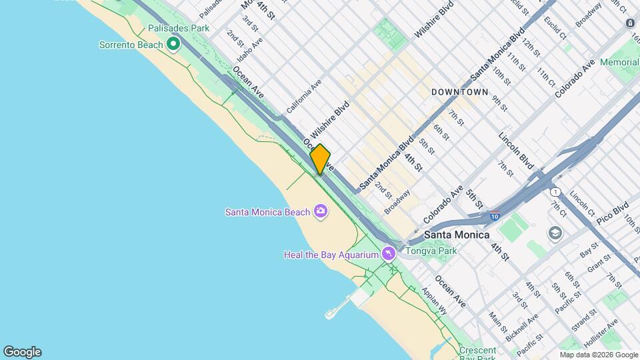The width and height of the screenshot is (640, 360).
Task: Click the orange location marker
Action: (320, 159)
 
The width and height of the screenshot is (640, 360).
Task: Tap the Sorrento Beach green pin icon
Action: (173, 45)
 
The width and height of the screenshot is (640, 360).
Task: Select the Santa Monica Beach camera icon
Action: (321, 212)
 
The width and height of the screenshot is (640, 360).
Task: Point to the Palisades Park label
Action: (179, 28)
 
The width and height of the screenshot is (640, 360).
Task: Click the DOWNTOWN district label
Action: (459, 91)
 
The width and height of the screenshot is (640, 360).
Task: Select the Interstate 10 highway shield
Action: (493, 215)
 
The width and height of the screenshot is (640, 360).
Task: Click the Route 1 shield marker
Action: (555, 192)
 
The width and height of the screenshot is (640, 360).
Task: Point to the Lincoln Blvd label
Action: (517, 149)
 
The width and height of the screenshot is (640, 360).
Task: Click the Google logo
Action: (22, 352)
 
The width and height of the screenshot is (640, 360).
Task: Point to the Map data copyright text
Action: (599, 355)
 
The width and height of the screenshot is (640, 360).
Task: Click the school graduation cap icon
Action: (555, 233)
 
